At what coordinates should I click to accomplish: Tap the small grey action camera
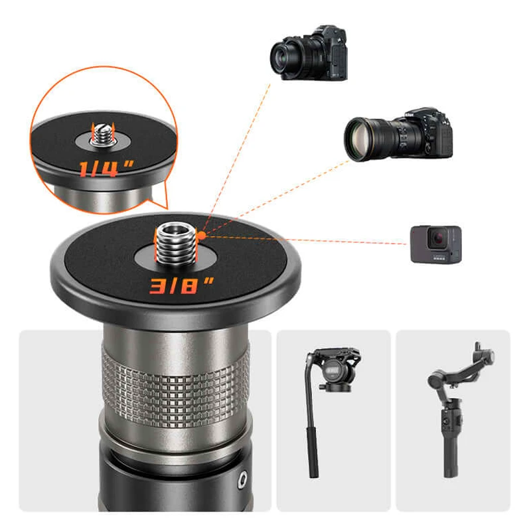pyautogui.click(x=435, y=244)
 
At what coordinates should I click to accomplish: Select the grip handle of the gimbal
pyautogui.click(x=451, y=431)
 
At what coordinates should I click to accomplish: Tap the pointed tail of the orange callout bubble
pyautogui.click(x=156, y=202)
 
